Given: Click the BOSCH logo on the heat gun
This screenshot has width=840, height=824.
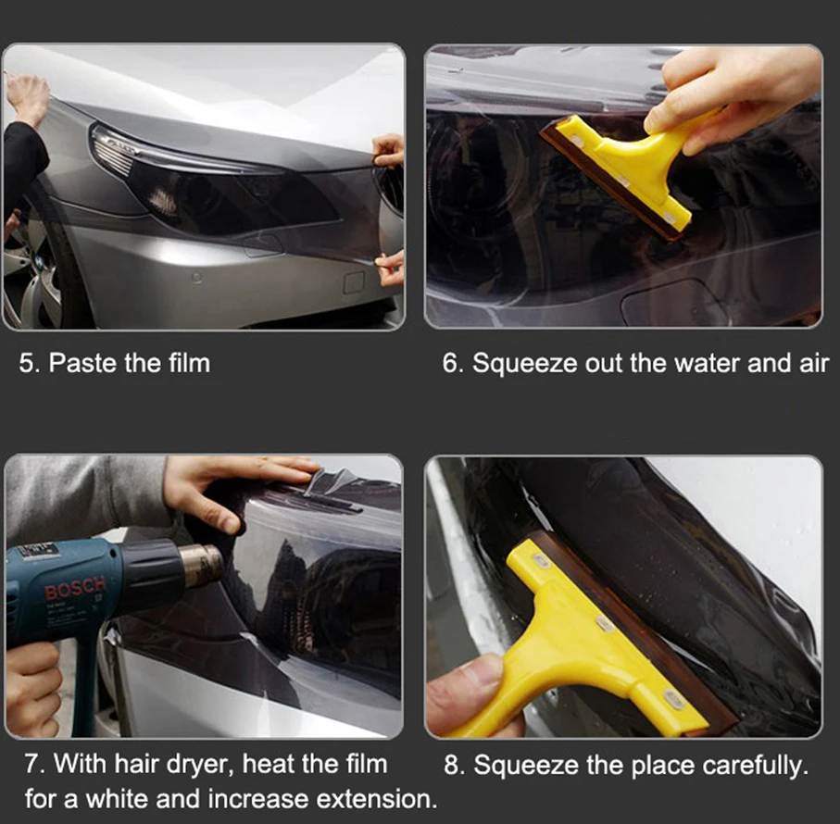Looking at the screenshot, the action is point(75,587).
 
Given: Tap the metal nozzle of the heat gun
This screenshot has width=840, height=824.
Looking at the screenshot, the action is point(200,566).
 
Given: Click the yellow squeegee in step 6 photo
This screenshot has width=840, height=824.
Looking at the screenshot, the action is point(628,167).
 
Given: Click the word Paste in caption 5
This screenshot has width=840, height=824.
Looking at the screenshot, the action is point(82,364).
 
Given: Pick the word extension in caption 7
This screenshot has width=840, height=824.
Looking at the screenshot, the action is point(376,799).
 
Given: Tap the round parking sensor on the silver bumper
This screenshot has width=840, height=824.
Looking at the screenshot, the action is point(196,278).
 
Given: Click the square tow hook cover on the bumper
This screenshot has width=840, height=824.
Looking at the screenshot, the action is point(354,282).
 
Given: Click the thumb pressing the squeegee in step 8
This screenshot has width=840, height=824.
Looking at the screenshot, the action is point(472,691).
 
